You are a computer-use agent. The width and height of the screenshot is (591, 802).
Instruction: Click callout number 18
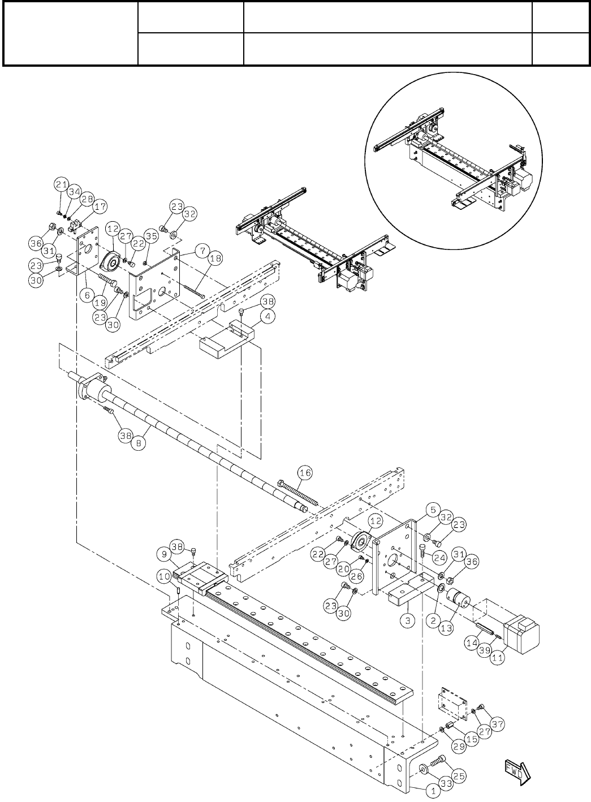pos(215,258)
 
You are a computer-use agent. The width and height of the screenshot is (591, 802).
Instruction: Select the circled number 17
pos(100,207)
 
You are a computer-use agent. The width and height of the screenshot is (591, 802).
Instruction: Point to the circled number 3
pos(409,620)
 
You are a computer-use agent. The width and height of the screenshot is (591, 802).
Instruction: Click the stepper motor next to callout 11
pos(521,632)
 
